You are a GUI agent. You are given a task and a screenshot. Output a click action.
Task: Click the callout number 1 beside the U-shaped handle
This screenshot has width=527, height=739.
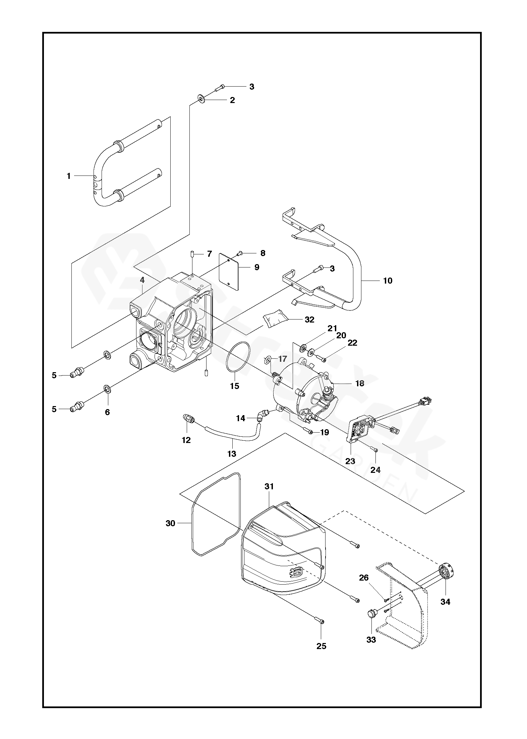[x=69, y=176]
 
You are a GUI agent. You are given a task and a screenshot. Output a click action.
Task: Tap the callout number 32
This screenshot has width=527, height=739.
[x=309, y=319]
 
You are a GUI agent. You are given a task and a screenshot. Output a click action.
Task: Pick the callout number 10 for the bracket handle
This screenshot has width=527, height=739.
[x=388, y=281]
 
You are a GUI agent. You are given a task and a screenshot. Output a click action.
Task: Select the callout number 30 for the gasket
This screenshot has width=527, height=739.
[x=170, y=523]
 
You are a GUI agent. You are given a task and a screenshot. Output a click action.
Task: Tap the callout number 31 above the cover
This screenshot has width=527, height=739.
[x=269, y=486]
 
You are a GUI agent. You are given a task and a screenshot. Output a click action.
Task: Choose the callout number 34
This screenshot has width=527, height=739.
[x=445, y=602]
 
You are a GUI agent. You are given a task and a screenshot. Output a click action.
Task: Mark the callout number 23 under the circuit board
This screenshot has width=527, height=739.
[x=350, y=461]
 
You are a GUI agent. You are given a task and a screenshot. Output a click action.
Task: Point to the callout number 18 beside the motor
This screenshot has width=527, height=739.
[x=360, y=384]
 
